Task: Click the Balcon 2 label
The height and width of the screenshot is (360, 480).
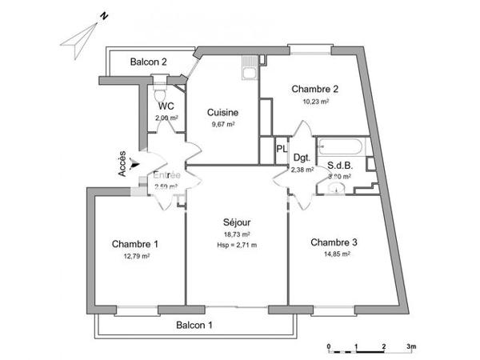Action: pos(149,62)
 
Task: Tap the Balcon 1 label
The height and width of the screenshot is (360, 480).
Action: pos(194,325)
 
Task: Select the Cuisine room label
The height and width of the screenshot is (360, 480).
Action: pos(222,113)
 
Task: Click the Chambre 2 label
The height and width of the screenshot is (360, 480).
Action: pos(314,89)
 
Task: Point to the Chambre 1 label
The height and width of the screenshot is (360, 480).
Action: pos(134,244)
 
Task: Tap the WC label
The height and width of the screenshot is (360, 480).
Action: pos(166,106)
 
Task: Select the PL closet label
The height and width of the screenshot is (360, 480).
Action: pos(281,149)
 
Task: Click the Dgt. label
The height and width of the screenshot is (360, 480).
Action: pos(301,158)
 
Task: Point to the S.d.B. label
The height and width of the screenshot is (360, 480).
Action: pos(340,166)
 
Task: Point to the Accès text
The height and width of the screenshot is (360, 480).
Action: pos(122,165)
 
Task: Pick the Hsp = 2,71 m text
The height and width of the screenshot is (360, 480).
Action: pos(237,244)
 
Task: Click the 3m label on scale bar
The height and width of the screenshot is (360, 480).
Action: pos(410,346)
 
